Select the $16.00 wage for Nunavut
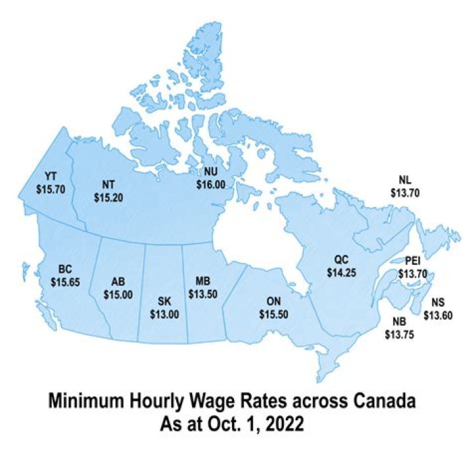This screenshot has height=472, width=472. click(x=210, y=186)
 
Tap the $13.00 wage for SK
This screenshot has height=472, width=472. click(x=165, y=313)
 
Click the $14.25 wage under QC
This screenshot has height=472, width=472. click(x=341, y=272)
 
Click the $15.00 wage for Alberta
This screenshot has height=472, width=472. click(x=117, y=294)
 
